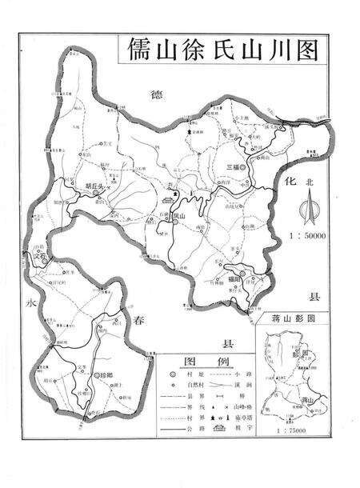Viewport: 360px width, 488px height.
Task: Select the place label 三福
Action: [231, 166]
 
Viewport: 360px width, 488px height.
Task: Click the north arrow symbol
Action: [307, 212]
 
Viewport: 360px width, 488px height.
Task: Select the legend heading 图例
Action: [199, 361]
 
